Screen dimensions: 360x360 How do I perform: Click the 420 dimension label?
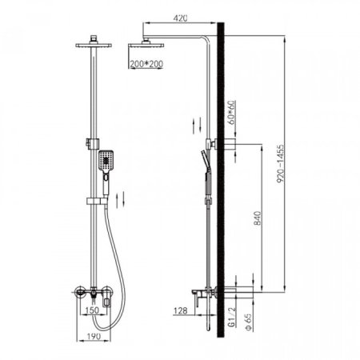click(x=180, y=18)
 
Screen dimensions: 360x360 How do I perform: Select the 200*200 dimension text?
click(x=146, y=64)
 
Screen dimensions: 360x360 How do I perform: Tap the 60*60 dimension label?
click(x=232, y=112)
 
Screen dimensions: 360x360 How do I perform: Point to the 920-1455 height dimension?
click(x=280, y=164)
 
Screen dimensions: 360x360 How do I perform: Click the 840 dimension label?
click(x=258, y=218)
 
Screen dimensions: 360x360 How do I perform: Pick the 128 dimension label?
click(x=181, y=310)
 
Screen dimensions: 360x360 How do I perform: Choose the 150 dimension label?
click(x=92, y=310)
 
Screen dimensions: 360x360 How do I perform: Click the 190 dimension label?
click(x=94, y=336)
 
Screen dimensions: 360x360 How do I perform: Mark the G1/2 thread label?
click(x=232, y=317)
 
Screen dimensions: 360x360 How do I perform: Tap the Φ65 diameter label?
click(x=249, y=322)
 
